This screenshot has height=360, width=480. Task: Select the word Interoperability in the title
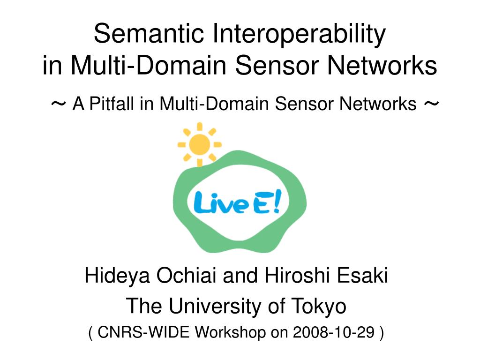pyautogui.click(x=300, y=34)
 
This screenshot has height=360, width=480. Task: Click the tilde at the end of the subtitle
pyautogui.click(x=431, y=104)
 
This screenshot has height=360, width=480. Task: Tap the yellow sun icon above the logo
pyautogui.click(x=200, y=143)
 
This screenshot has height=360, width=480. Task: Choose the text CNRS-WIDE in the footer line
pyautogui.click(x=144, y=333)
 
